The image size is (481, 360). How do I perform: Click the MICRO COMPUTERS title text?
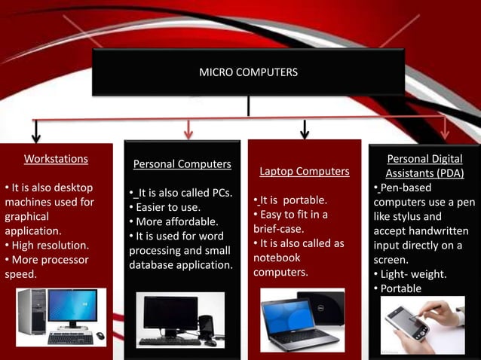click(x=248, y=72)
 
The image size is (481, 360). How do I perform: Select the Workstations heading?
click(x=56, y=159)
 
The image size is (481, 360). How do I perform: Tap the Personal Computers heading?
click(x=182, y=164)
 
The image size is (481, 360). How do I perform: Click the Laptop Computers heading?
click(x=305, y=172)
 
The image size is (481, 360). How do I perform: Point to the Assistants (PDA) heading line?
click(x=424, y=173)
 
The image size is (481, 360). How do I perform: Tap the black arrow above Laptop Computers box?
click(x=305, y=130)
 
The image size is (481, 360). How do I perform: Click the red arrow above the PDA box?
click(x=446, y=128)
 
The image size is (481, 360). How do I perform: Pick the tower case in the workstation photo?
click(x=32, y=312)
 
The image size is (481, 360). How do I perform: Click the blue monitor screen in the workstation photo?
click(x=72, y=306)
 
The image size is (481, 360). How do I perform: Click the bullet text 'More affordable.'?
click(x=176, y=221)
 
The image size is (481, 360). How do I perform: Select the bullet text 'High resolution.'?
click(x=50, y=245)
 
